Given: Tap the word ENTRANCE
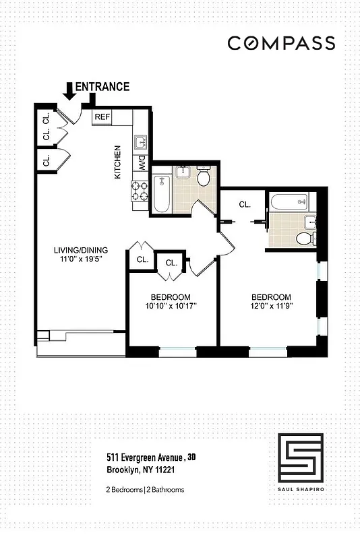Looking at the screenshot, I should pos(102,86).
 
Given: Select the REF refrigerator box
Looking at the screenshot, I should pos(102,117).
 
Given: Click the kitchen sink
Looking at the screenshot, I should pos(142,142).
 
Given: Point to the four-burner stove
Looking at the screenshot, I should pos(140,191).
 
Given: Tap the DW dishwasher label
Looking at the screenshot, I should pos(142,162).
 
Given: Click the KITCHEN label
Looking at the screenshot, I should pos(117,162).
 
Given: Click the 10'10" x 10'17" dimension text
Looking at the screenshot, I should pos(171,307).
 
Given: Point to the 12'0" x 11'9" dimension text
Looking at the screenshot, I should pos(271,307).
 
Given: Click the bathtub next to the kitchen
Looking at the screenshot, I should pos(160,194).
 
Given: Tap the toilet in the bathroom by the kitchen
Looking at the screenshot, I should pos(204,177).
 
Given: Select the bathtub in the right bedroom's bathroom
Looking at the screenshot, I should pos(289,201).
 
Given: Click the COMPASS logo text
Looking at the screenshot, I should pos(280,43).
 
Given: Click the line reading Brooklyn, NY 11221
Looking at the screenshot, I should pos(141,470).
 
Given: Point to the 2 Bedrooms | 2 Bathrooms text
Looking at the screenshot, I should pos(145,490).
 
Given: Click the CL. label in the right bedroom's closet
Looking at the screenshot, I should pos(245,204).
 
